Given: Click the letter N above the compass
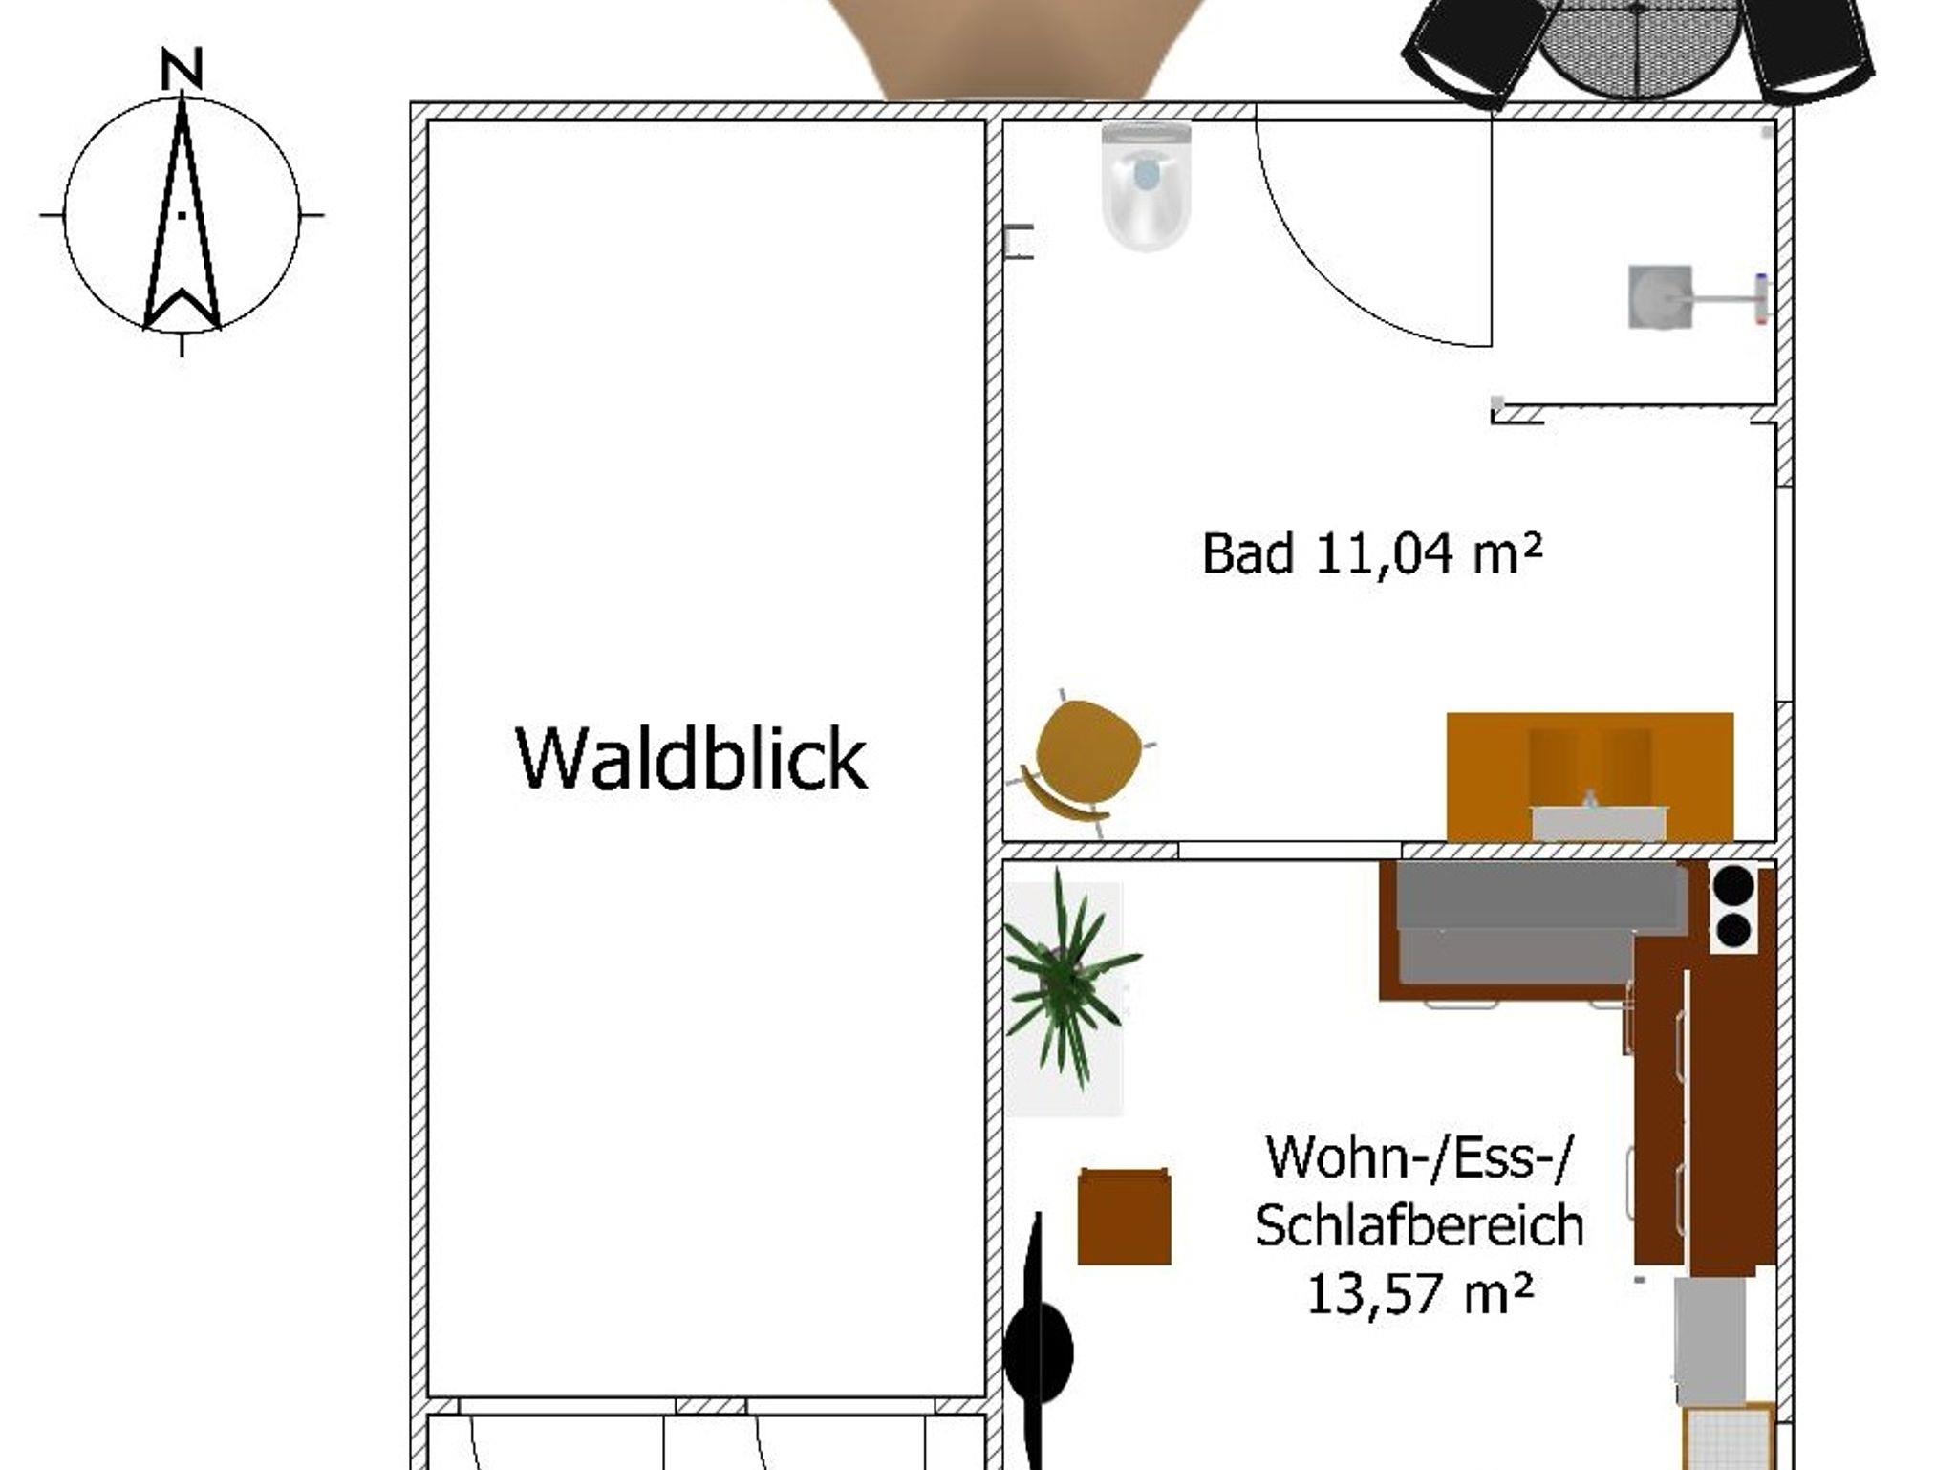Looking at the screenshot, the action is [182, 70].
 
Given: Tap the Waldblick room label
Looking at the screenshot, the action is [691, 758].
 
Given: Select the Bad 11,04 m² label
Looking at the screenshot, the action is [1371, 553].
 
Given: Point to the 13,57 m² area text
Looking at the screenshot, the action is [1419, 1295].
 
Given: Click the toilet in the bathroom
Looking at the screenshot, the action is [1146, 186].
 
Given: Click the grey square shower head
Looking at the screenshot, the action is [1660, 297].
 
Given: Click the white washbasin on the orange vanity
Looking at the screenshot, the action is [1599, 821].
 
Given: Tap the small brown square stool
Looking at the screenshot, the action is [1125, 1217].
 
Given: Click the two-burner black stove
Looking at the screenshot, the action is [1733, 907].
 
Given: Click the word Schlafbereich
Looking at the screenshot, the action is [1419, 1225].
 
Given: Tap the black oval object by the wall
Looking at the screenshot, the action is [1038, 1351].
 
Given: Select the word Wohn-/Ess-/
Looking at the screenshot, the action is [1419, 1157].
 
